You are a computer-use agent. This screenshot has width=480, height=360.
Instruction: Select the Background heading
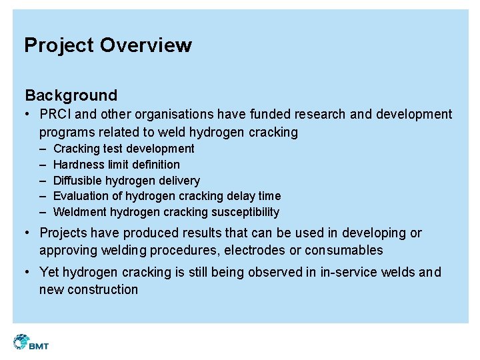pos(71,95)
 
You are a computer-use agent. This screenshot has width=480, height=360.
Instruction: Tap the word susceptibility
pos(245,212)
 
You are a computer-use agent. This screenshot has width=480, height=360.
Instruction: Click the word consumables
pos(344,251)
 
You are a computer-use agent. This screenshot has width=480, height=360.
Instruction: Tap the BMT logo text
pos(39,345)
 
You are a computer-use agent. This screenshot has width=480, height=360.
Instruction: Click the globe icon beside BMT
pos(20,342)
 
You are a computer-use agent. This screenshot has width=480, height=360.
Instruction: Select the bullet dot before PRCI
pos(29,115)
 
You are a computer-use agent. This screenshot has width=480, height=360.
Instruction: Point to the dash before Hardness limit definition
pos(43,165)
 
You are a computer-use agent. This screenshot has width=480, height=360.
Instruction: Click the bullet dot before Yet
pos(29,273)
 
